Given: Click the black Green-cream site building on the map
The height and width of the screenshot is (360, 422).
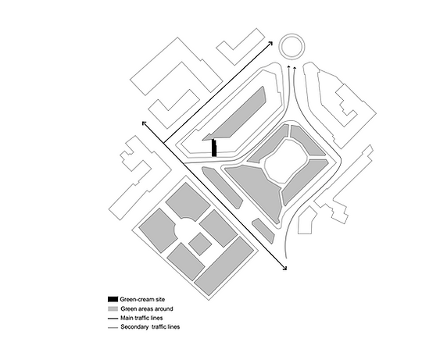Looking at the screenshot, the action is coord(214,148).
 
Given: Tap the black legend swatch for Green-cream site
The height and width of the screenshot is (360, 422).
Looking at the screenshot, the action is coord(113,299).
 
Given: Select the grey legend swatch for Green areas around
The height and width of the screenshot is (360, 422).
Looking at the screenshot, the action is coord(113,308).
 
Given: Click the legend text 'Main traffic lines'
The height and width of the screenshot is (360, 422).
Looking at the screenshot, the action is coord(141,318).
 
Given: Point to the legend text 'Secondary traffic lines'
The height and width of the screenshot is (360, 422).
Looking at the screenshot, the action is coord(150,327).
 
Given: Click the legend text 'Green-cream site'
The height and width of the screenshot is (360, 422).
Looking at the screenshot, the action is coord(142,299).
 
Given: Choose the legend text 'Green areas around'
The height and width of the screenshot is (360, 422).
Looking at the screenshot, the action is coord(147,308).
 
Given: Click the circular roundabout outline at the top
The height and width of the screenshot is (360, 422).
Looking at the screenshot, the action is coord(292,34).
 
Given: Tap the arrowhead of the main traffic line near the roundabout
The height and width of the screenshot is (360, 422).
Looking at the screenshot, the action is coord(270,43).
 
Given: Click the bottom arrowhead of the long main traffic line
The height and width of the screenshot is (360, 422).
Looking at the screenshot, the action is coord(284,268).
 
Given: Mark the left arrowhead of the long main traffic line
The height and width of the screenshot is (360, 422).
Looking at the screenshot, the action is coord(144,123).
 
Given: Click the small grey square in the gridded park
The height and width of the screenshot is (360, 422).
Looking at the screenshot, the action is coord(200,244).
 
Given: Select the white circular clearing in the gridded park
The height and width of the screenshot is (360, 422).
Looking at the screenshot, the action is coord(186,229).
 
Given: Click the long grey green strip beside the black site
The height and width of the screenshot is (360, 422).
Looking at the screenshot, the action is coord(237,114).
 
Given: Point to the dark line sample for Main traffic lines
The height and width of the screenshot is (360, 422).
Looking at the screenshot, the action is coord(113,319).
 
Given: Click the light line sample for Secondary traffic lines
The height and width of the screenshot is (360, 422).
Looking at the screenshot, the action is coord(113,328).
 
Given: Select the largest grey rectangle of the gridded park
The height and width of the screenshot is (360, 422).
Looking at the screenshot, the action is coord(224,266).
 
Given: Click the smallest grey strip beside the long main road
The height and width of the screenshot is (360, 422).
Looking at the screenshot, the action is coord(263,231).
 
